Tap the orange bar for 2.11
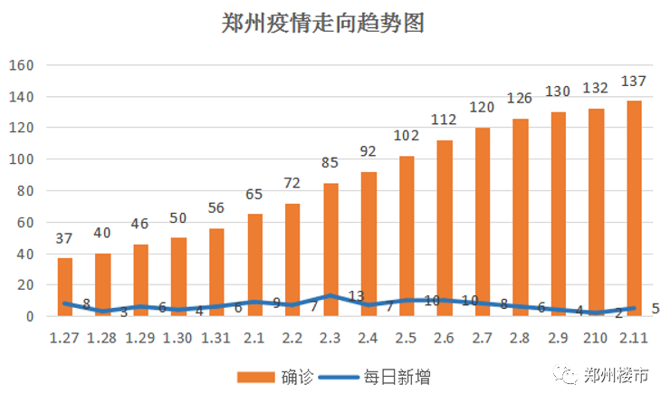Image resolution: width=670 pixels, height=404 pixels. tap(634, 208)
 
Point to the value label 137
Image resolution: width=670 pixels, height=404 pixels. tap(635, 82)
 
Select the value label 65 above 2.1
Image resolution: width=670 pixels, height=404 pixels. tap(254, 194)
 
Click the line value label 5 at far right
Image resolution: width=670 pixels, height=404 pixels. tap(655, 309)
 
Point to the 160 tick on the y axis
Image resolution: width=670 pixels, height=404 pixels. tap(21, 65)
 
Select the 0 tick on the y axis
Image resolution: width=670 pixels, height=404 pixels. tap(29, 317)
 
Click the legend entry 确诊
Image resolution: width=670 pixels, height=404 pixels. tap(277, 377)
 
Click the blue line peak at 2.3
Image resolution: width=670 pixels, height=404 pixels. tap(330, 296)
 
